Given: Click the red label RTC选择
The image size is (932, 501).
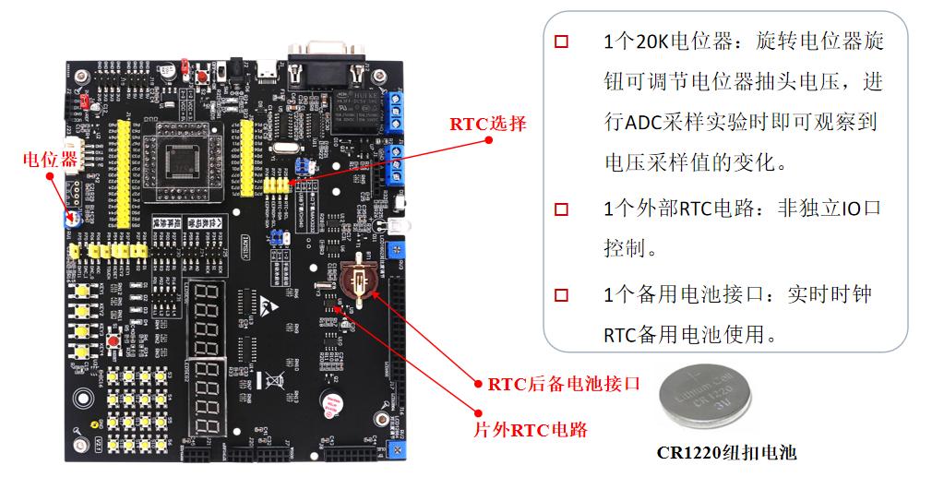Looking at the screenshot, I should tap(488, 124).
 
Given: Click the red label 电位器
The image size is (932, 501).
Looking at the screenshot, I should tap(50, 160).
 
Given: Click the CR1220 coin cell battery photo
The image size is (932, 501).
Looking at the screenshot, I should tap(703, 399).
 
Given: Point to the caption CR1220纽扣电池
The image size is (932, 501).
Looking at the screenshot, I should tap(726, 452).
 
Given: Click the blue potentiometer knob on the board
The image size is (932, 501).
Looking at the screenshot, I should tap(70, 220).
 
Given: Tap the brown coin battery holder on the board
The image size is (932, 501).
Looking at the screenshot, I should tap(357, 278).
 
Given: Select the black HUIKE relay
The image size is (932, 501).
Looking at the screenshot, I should tap(354, 109).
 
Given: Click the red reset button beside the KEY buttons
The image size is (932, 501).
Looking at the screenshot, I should tap(113, 343).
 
